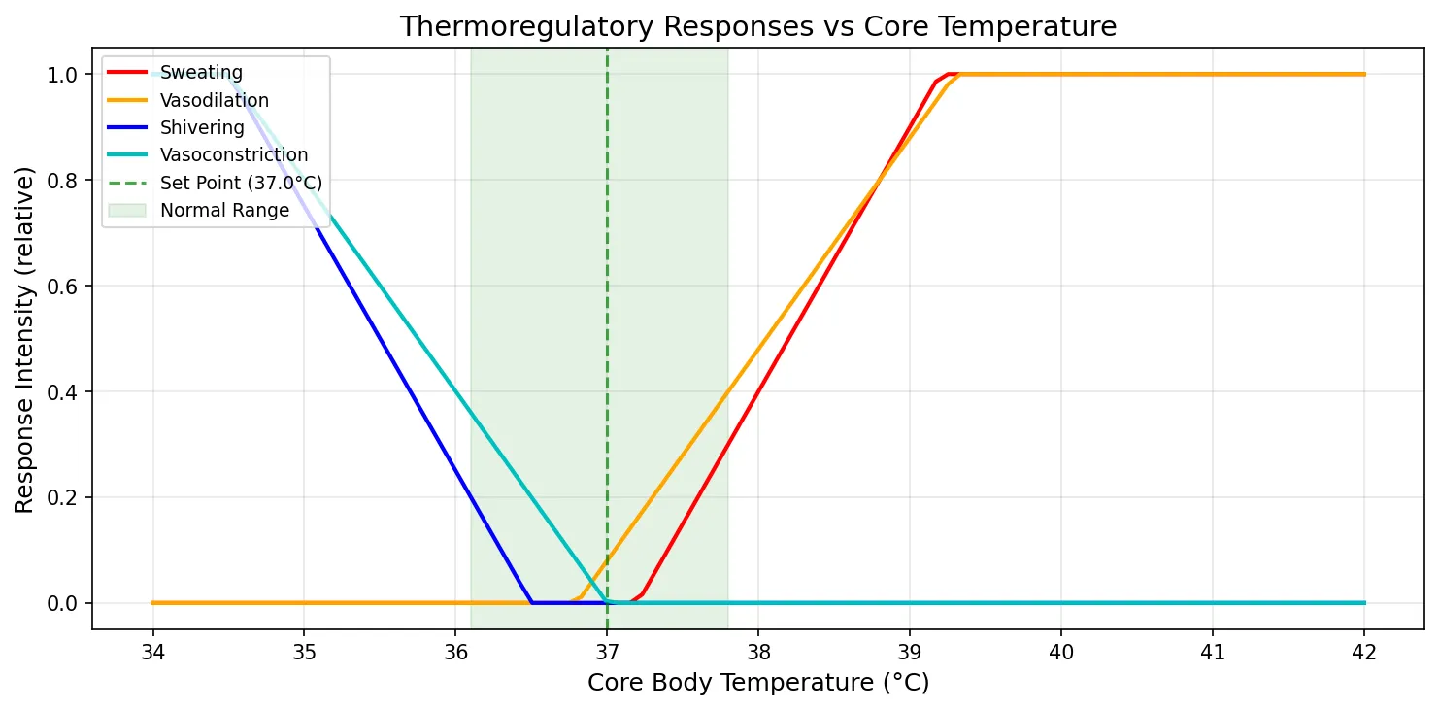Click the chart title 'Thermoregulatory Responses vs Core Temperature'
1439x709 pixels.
pyautogui.click(x=757, y=26)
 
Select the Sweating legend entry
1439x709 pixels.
pyautogui.click(x=201, y=72)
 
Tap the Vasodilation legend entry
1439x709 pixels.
pyautogui.click(x=214, y=100)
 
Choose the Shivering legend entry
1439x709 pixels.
pyautogui.click(x=202, y=127)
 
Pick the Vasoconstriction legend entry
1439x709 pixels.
pyautogui.click(x=233, y=154)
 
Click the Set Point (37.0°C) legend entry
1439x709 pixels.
pyautogui.click(x=241, y=183)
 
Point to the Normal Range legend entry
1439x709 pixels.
pyautogui.click(x=224, y=210)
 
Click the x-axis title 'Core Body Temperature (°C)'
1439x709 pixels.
pyautogui.click(x=757, y=684)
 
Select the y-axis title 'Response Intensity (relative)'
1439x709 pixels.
pyautogui.click(x=24, y=339)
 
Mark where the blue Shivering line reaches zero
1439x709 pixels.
pyautogui.click(x=531, y=603)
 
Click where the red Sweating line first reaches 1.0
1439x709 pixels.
pyautogui.click(x=948, y=75)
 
